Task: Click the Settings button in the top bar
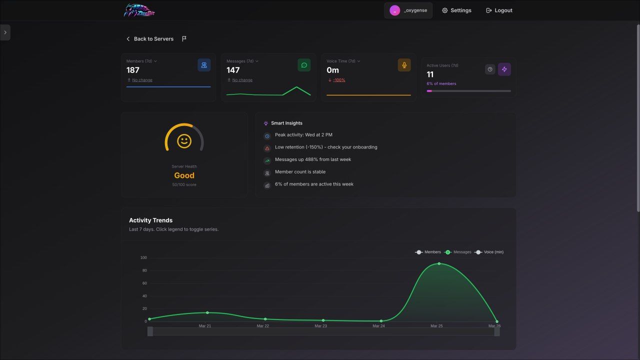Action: click(456, 10)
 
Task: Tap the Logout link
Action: click(499, 10)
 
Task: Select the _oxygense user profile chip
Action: click(408, 10)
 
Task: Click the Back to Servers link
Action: click(150, 39)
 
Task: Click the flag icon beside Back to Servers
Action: click(184, 38)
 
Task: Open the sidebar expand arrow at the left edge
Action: click(5, 32)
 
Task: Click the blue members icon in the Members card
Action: click(204, 65)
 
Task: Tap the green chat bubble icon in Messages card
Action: click(304, 65)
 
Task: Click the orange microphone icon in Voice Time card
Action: click(404, 65)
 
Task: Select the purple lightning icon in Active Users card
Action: click(504, 69)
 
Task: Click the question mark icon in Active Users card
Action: click(490, 69)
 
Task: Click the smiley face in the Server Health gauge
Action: click(184, 141)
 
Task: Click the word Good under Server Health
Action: click(184, 175)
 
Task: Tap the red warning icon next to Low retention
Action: click(267, 148)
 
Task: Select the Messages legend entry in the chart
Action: click(458, 252)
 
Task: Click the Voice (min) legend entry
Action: click(489, 252)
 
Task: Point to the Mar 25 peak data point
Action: click(439, 263)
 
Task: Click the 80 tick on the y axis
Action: click(144, 270)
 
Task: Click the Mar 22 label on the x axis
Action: click(263, 325)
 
